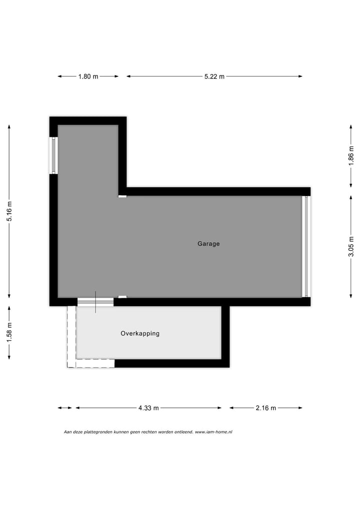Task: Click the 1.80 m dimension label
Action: click(x=88, y=76)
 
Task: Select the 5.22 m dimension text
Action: click(x=214, y=76)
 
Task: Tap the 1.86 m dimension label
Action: click(x=351, y=157)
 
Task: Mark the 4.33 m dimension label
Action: click(x=148, y=408)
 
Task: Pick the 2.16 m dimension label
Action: click(x=265, y=408)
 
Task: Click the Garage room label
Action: click(x=208, y=244)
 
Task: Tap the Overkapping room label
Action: click(x=140, y=333)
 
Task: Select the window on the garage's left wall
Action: click(x=53, y=155)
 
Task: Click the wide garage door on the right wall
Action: click(x=306, y=247)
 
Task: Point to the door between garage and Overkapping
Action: click(x=95, y=302)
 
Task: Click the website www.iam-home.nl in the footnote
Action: click(x=213, y=432)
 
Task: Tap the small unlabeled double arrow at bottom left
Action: click(x=64, y=408)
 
